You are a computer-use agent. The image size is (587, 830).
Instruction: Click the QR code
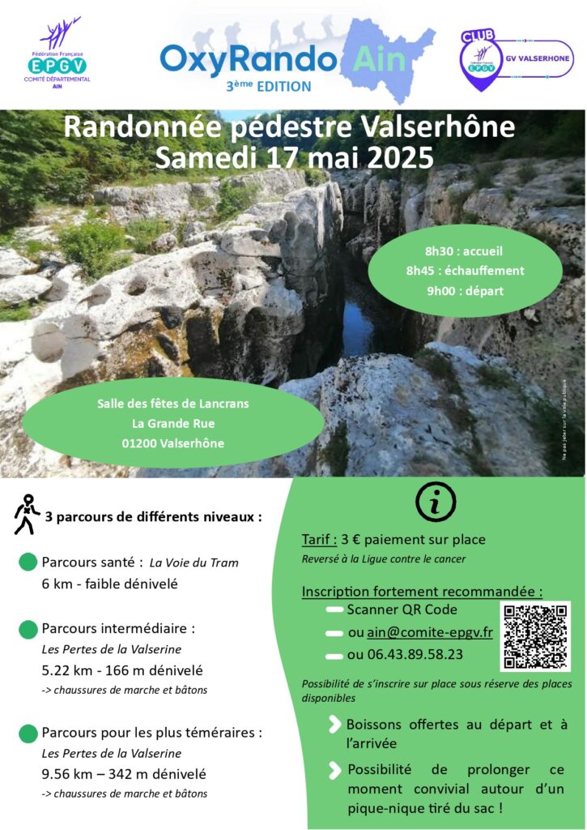tap(534, 636)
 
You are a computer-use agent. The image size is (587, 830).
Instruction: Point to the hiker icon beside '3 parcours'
tap(26, 514)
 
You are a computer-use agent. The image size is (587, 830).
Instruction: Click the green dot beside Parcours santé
tap(28, 562)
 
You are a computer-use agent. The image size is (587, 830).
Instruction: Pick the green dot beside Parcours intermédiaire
tap(28, 628)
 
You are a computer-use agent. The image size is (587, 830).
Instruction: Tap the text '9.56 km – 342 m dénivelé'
tap(124, 774)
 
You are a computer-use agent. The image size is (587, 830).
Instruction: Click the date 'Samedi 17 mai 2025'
tap(294, 156)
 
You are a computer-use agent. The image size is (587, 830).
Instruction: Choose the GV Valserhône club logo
tap(516, 57)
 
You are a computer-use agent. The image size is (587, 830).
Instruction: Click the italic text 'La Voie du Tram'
tap(194, 563)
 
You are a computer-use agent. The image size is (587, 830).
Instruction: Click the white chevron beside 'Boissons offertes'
tap(334, 724)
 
